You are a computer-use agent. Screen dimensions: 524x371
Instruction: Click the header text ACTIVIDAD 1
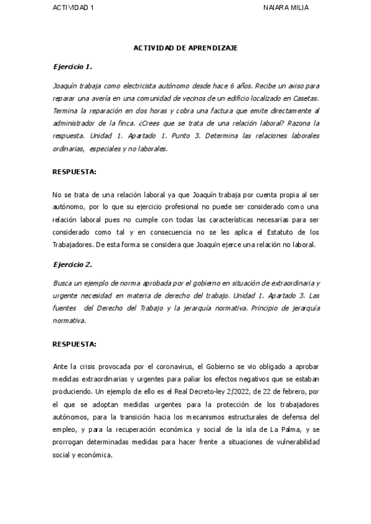[74, 7]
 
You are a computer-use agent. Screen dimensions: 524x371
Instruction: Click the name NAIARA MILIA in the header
[285, 7]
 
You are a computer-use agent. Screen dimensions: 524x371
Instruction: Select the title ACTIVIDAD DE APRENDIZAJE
[185, 48]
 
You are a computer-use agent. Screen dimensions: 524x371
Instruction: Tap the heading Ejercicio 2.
[72, 264]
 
